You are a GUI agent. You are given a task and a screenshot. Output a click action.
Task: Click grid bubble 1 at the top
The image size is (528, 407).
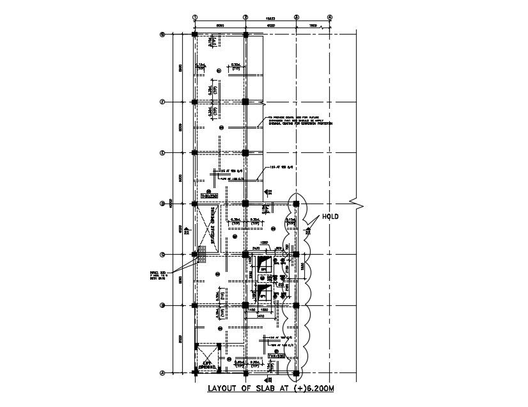click(195, 18)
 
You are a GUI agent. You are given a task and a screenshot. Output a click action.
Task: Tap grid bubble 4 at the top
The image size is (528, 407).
click(330, 18)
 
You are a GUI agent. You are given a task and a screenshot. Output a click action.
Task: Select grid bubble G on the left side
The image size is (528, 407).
click(162, 35)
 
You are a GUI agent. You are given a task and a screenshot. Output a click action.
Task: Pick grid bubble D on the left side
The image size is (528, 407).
click(162, 204)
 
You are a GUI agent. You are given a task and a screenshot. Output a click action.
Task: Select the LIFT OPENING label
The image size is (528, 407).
click(207, 365)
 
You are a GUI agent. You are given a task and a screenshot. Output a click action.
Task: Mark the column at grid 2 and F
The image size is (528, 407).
click(245, 101)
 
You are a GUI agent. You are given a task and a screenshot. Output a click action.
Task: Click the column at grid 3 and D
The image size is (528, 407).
click(296, 204)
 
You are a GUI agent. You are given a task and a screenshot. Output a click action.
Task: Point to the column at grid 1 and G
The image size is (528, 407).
click(194, 35)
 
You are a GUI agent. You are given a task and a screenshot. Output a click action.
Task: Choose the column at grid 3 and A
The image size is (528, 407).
click(296, 372)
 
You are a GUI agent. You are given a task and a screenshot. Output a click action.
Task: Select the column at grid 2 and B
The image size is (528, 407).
click(245, 305)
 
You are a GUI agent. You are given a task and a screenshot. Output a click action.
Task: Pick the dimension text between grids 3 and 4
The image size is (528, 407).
click(313, 26)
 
